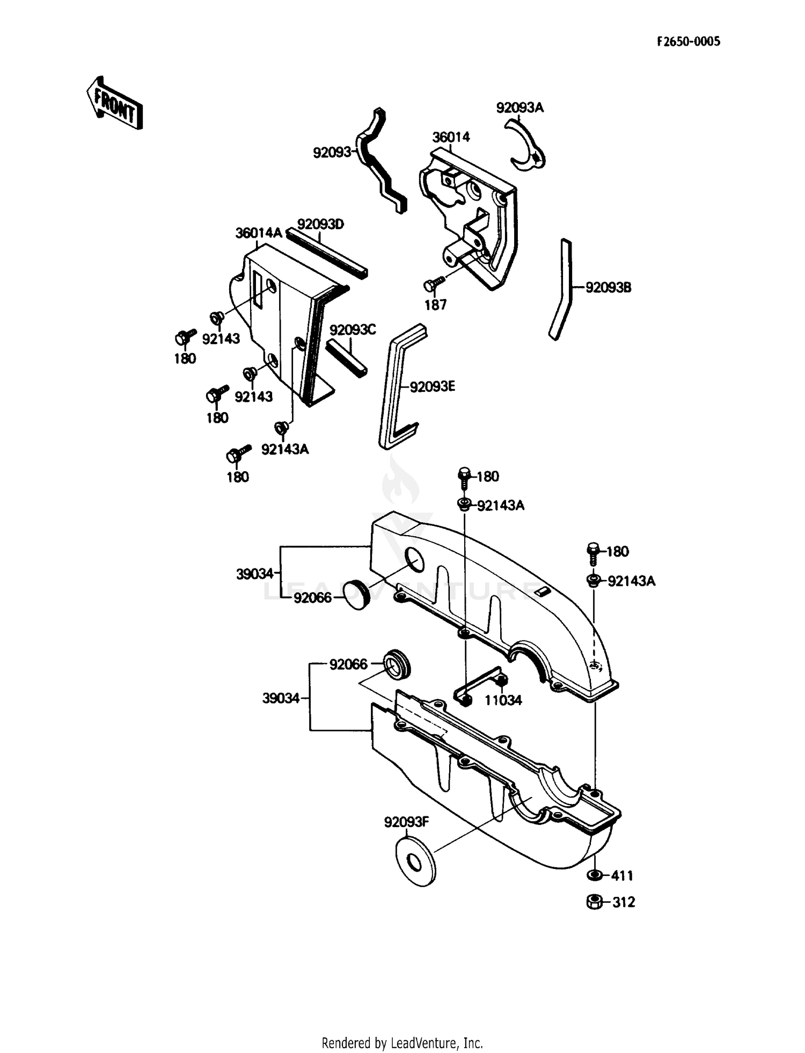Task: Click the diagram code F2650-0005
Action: (689, 42)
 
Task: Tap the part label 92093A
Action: (519, 108)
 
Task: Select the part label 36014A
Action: (258, 233)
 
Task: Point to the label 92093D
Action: (320, 224)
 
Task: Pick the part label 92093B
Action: (608, 288)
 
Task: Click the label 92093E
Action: (432, 386)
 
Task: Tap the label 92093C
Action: (353, 330)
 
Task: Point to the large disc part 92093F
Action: (415, 862)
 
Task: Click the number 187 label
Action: (435, 305)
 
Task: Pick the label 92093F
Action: (406, 822)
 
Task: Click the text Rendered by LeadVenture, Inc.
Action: (402, 1043)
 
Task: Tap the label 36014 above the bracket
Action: (451, 137)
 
